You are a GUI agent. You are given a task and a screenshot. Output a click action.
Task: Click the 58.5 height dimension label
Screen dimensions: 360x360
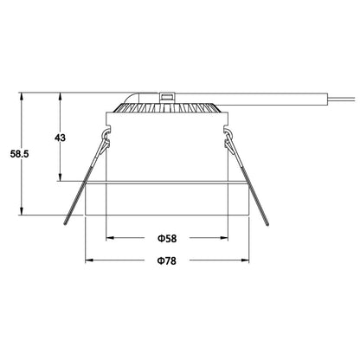(16, 153)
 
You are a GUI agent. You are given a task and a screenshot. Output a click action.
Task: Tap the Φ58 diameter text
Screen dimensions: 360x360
(167, 237)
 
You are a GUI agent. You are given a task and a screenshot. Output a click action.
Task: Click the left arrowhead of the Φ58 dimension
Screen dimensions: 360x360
(109, 237)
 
